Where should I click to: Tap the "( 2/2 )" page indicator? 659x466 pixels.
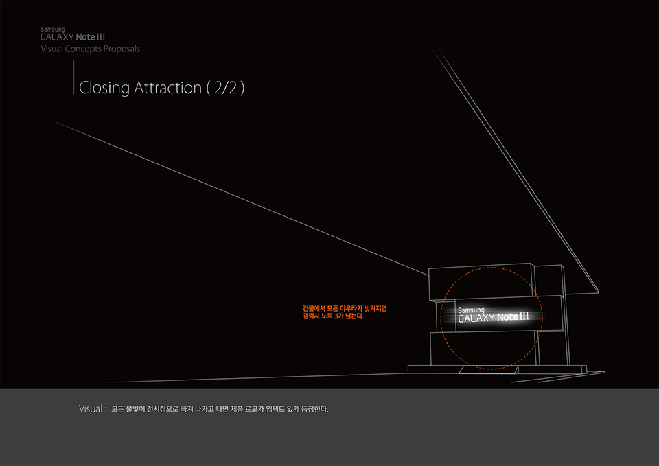pyautogui.click(x=225, y=89)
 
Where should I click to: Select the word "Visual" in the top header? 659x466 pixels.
pyautogui.click(x=53, y=49)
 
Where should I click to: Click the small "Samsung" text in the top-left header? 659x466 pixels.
pyautogui.click(x=52, y=30)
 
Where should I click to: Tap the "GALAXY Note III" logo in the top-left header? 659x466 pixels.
pyautogui.click(x=72, y=38)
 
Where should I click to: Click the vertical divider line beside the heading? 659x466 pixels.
pyautogui.click(x=73, y=77)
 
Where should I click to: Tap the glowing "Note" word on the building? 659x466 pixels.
pyautogui.click(x=507, y=318)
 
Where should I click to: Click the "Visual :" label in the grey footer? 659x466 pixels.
pyautogui.click(x=93, y=410)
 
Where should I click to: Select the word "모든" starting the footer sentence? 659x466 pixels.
pyautogui.click(x=118, y=410)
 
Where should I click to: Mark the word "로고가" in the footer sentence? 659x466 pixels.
pyautogui.click(x=256, y=410)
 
